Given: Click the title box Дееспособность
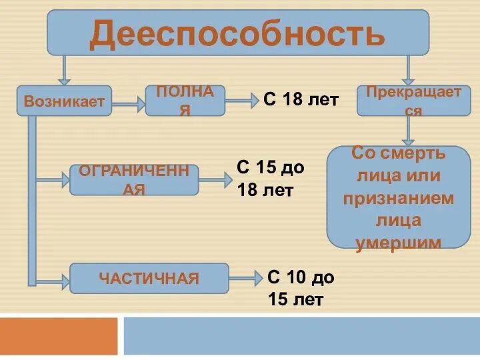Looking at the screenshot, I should coord(237,32).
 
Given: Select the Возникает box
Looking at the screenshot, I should coord(64,101).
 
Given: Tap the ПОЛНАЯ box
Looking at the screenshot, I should coord(185,101).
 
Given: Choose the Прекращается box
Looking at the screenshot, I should coord(413,101).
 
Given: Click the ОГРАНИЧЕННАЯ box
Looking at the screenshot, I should coord(134,180).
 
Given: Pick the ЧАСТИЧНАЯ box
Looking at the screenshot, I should coord(149,278).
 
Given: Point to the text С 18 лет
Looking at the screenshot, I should coord(301,100).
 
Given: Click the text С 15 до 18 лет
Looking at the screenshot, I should coord(271,179).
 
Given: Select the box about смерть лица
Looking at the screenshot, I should coord(399,197).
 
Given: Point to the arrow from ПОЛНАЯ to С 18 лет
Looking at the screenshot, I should coord(242,101).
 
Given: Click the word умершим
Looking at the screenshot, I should coord(398,243).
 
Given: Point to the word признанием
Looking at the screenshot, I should coord(399,198).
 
